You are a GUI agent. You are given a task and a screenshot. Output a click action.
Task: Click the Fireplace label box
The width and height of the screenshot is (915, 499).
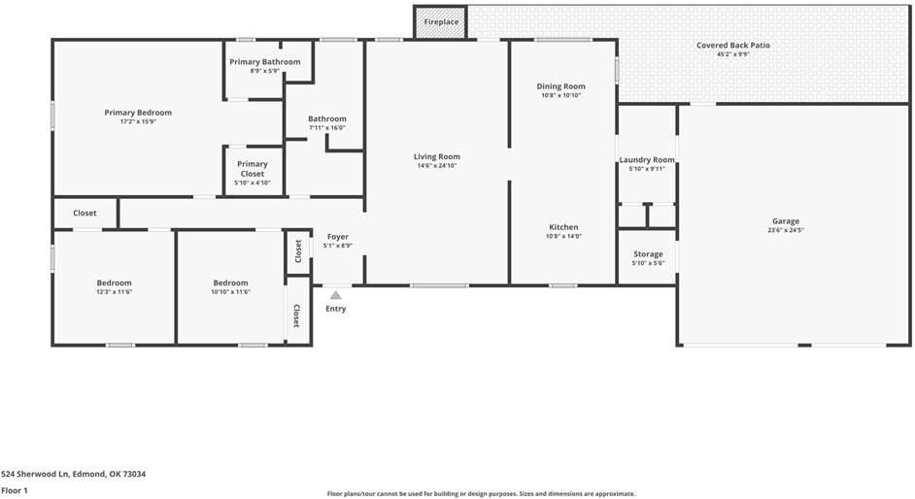tap(441, 21)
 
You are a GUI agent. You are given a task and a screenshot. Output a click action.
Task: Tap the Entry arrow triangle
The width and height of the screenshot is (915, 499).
tap(335, 295)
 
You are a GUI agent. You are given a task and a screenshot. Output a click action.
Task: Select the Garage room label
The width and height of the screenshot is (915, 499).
tap(786, 220)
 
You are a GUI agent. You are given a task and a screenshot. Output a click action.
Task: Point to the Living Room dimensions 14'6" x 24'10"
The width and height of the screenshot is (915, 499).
tap(437, 166)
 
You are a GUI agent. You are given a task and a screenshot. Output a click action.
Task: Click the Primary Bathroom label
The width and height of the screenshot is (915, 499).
tap(265, 62)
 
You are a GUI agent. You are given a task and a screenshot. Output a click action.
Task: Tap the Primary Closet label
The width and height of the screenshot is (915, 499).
tap(253, 169)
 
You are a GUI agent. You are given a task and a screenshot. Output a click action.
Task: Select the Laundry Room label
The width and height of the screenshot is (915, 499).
tap(647, 159)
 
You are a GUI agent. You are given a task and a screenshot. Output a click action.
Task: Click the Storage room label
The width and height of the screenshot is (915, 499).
tap(648, 254)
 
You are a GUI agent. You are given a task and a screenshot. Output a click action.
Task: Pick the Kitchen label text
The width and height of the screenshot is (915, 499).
tap(563, 227)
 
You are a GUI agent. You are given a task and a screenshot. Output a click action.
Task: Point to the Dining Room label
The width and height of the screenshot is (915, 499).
tap(561, 86)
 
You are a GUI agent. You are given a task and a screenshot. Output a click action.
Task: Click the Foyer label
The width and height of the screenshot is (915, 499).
tap(337, 237)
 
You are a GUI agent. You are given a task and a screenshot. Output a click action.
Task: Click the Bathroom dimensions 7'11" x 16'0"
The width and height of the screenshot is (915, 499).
tap(327, 128)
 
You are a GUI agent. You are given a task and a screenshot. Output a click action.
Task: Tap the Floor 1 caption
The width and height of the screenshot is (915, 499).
tap(15, 490)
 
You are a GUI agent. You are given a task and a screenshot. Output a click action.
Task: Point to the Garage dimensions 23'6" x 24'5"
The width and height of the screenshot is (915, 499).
tap(786, 230)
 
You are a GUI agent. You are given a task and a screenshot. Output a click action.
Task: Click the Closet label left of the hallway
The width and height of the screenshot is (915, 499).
tap(85, 213)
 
